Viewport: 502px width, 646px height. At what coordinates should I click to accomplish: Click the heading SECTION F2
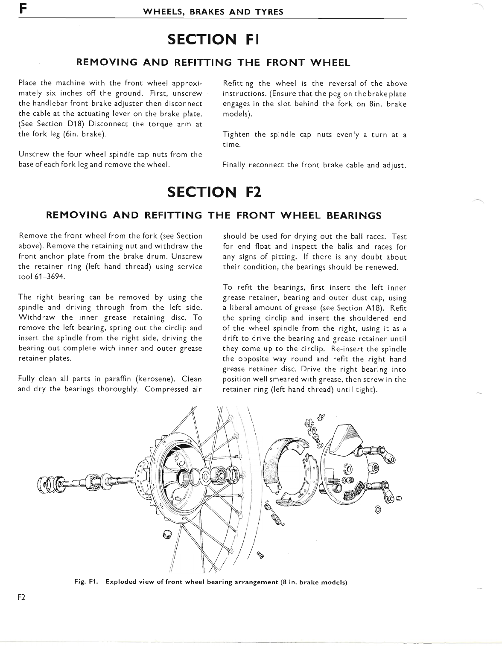pos(214,192)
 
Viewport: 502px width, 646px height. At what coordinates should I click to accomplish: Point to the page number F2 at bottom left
pos(22,597)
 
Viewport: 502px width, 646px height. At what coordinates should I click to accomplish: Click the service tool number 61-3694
pos(47,277)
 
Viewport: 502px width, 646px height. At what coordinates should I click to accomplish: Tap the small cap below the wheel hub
pos(168,535)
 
